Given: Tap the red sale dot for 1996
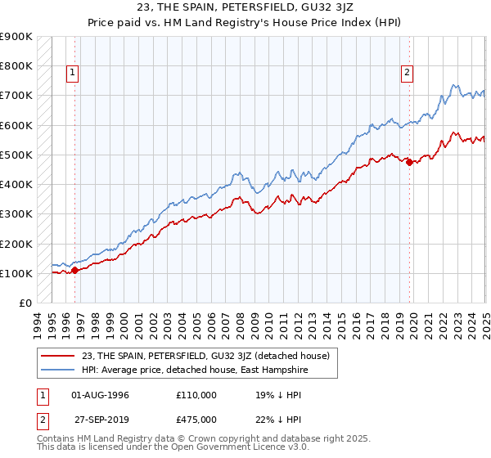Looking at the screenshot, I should [74, 270].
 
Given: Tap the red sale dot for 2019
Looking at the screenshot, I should [410, 162].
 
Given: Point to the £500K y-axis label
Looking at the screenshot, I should [16, 155].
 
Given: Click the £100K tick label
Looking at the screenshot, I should [16, 273].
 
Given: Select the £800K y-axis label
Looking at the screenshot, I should [16, 66].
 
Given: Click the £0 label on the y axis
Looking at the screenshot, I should [25, 303].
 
